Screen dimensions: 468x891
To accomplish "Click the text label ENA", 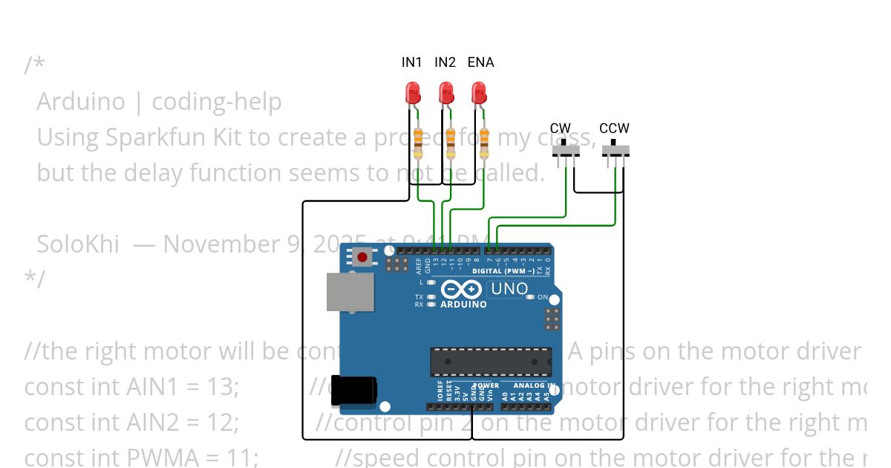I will pos(480,62).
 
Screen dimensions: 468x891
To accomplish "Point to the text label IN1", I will pos(412,62).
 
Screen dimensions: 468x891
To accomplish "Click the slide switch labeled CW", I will pos(567,151).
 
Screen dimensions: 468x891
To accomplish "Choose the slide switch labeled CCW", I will pos(615,151).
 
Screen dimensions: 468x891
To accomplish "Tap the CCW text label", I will pos(614,129).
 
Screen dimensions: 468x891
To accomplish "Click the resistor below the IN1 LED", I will pos(417,143).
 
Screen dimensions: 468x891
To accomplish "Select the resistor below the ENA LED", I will pos(484,143).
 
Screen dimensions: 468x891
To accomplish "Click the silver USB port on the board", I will pos(350,291).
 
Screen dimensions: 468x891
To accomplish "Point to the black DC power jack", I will pos(353,390).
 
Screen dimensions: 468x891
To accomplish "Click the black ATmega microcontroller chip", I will pos(491,362).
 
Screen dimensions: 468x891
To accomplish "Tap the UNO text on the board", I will pos(509,288).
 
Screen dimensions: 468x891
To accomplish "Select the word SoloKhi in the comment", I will pos(78,244).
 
